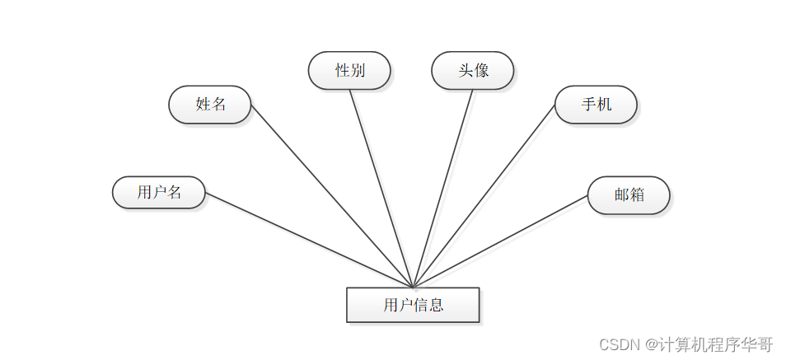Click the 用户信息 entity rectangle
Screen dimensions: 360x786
[x=412, y=305]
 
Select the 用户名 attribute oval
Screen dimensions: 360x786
[x=158, y=193]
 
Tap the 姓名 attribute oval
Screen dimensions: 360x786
[x=209, y=105]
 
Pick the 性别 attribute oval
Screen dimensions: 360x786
[x=349, y=71]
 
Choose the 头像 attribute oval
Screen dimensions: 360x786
[x=473, y=71]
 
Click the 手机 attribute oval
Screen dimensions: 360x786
[x=596, y=105]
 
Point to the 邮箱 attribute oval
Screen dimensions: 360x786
[x=629, y=195]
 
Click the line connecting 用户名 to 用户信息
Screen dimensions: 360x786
[x=309, y=240]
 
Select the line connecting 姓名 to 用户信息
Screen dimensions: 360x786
[x=331, y=196]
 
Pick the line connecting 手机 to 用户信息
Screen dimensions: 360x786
[x=484, y=196]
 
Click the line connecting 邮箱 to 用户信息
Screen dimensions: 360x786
[x=500, y=241]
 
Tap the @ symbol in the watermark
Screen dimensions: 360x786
[x=651, y=344]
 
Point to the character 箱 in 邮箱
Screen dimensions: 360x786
[x=637, y=195]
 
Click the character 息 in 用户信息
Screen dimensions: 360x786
[x=436, y=306]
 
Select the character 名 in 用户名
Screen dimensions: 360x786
[x=174, y=193]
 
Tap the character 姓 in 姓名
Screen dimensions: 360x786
[x=202, y=105]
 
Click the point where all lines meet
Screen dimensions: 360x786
[x=413, y=287]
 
